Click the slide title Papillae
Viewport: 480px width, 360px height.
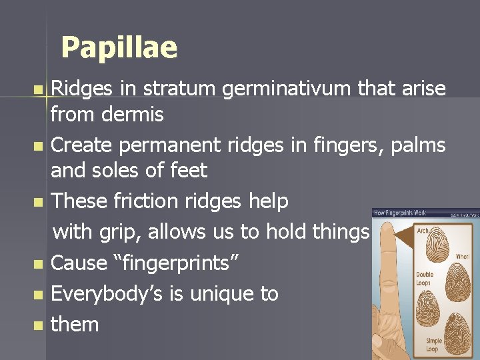[119, 47]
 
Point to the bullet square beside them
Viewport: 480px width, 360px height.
[37, 326]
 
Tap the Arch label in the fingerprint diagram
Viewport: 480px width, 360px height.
[422, 231]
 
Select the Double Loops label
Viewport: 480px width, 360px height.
[425, 278]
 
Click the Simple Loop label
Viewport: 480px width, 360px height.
[434, 345]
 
